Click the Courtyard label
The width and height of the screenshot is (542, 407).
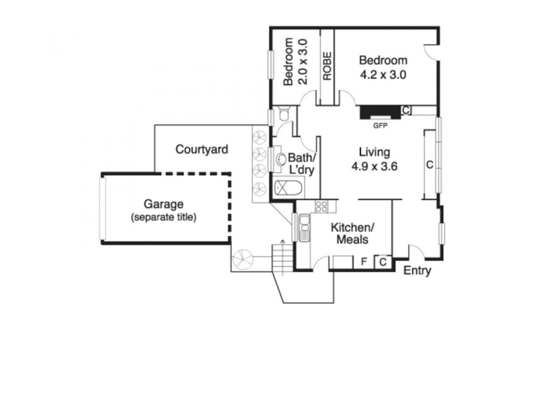[x=201, y=149]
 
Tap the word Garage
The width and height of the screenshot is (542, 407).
[x=163, y=204]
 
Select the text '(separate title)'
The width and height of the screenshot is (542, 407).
[x=163, y=217]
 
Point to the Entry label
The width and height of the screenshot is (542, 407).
[x=417, y=271]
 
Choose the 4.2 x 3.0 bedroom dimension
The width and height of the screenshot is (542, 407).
[x=383, y=75]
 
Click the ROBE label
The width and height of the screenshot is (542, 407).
[x=327, y=66]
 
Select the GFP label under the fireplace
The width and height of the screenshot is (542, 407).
[x=379, y=125]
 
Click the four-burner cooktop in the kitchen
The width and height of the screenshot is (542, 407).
[x=321, y=206]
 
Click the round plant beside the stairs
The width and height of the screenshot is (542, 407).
[x=242, y=258]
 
